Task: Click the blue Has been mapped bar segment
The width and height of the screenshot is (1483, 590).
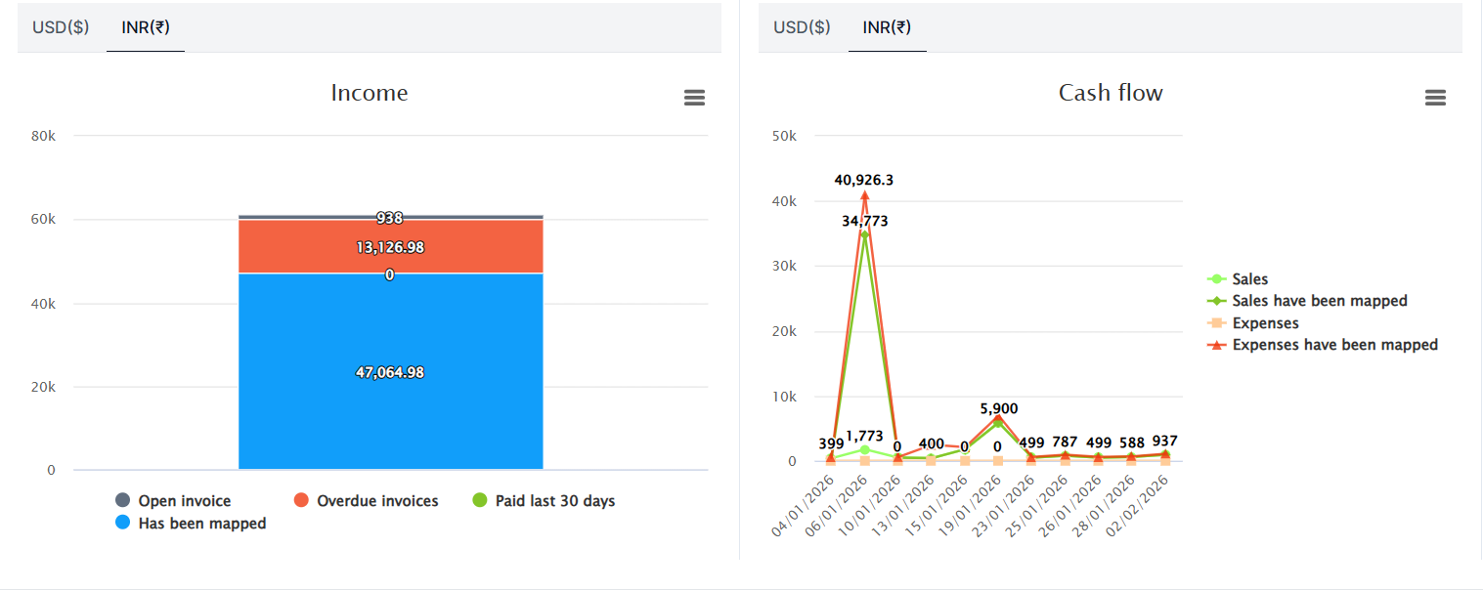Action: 390,410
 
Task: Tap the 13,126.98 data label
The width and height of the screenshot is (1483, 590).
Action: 390,247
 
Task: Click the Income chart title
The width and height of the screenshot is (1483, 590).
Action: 370,93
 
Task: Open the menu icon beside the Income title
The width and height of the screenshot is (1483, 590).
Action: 694,98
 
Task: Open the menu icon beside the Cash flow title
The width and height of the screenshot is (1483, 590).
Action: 1435,98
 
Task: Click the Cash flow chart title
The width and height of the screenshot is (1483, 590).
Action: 1111,93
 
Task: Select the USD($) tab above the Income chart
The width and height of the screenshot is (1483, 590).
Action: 61,27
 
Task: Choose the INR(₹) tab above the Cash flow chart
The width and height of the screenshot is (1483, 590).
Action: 887,27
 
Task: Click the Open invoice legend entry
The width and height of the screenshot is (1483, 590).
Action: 184,501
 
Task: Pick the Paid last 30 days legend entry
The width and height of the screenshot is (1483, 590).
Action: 554,501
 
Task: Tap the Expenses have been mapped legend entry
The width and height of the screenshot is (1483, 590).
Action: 1334,345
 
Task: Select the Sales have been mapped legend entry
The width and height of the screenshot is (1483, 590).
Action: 1319,301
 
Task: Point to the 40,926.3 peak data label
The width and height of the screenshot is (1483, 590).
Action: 863,181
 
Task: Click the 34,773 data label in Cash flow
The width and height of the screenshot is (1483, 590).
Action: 865,222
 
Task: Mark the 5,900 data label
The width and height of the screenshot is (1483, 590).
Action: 997,409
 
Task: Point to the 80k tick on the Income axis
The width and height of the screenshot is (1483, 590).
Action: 44,136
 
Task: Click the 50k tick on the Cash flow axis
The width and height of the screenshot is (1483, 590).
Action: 784,136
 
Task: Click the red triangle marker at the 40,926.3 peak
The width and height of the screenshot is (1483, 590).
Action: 864,195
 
